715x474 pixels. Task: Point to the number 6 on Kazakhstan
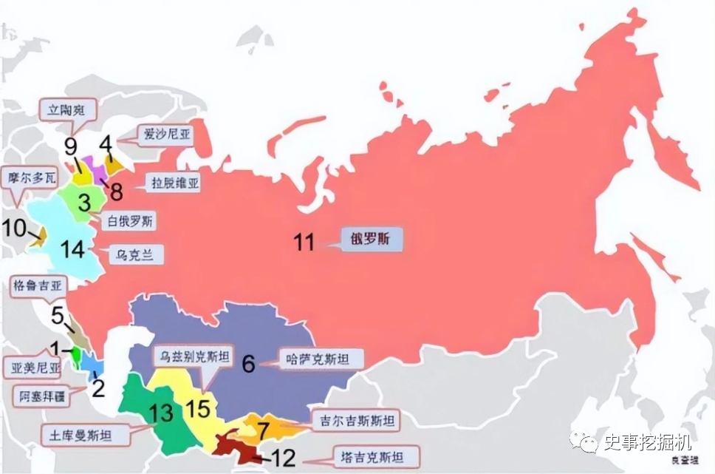(x=248, y=363)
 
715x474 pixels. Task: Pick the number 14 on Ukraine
(x=73, y=250)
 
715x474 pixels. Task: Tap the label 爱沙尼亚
(x=160, y=135)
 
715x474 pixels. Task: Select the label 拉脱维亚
(x=171, y=182)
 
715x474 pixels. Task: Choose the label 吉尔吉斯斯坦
(x=352, y=421)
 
